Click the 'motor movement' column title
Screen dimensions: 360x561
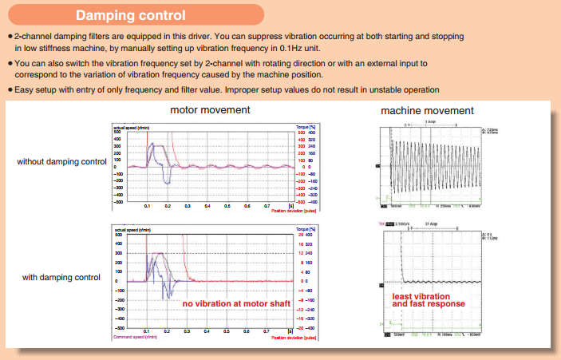click(x=210, y=109)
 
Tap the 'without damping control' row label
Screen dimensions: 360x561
click(x=61, y=162)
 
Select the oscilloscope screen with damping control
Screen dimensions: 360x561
click(x=429, y=279)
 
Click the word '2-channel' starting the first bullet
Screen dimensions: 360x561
click(x=30, y=38)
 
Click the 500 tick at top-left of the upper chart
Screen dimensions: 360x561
click(x=117, y=132)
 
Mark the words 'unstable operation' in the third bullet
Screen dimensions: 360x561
click(x=408, y=89)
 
